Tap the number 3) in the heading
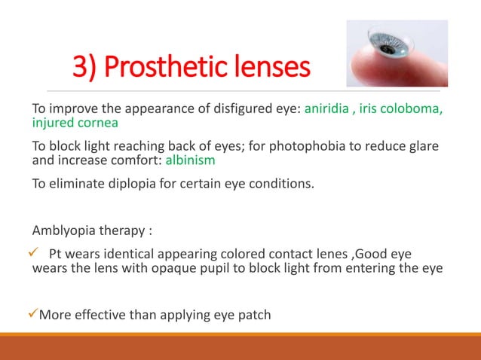pos(85,68)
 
